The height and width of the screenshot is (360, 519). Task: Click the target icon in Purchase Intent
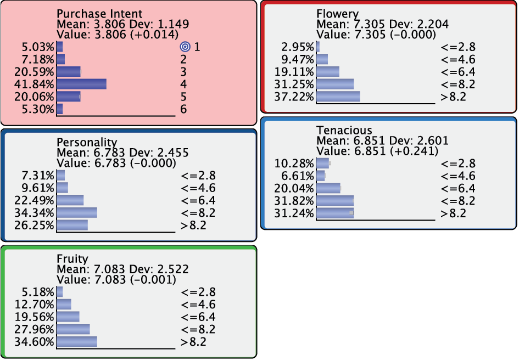tap(185, 47)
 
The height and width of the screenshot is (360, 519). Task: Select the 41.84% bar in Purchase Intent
tap(81, 84)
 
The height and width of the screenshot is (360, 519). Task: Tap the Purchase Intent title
tap(99, 14)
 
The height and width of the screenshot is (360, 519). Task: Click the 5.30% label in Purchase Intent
tap(38, 109)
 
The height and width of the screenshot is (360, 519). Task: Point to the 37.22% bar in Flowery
tap(338, 97)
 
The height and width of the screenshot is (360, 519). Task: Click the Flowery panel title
tap(337, 14)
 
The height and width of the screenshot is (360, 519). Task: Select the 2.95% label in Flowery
tap(297, 47)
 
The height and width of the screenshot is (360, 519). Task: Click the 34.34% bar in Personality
tap(77, 212)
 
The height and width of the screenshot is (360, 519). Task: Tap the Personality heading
tap(87, 142)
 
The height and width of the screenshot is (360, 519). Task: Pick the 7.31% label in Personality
tap(38, 176)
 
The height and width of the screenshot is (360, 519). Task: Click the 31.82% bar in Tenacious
tap(335, 200)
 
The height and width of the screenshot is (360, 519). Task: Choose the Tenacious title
tap(344, 130)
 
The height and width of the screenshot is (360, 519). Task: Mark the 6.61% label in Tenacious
tap(297, 176)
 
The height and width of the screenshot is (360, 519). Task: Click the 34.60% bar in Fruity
tap(77, 341)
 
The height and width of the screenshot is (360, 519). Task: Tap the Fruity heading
tap(72, 259)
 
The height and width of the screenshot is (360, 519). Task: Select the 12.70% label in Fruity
tap(34, 305)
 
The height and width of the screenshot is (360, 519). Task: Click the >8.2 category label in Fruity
tap(193, 341)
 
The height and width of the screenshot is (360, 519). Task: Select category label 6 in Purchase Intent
tap(183, 109)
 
